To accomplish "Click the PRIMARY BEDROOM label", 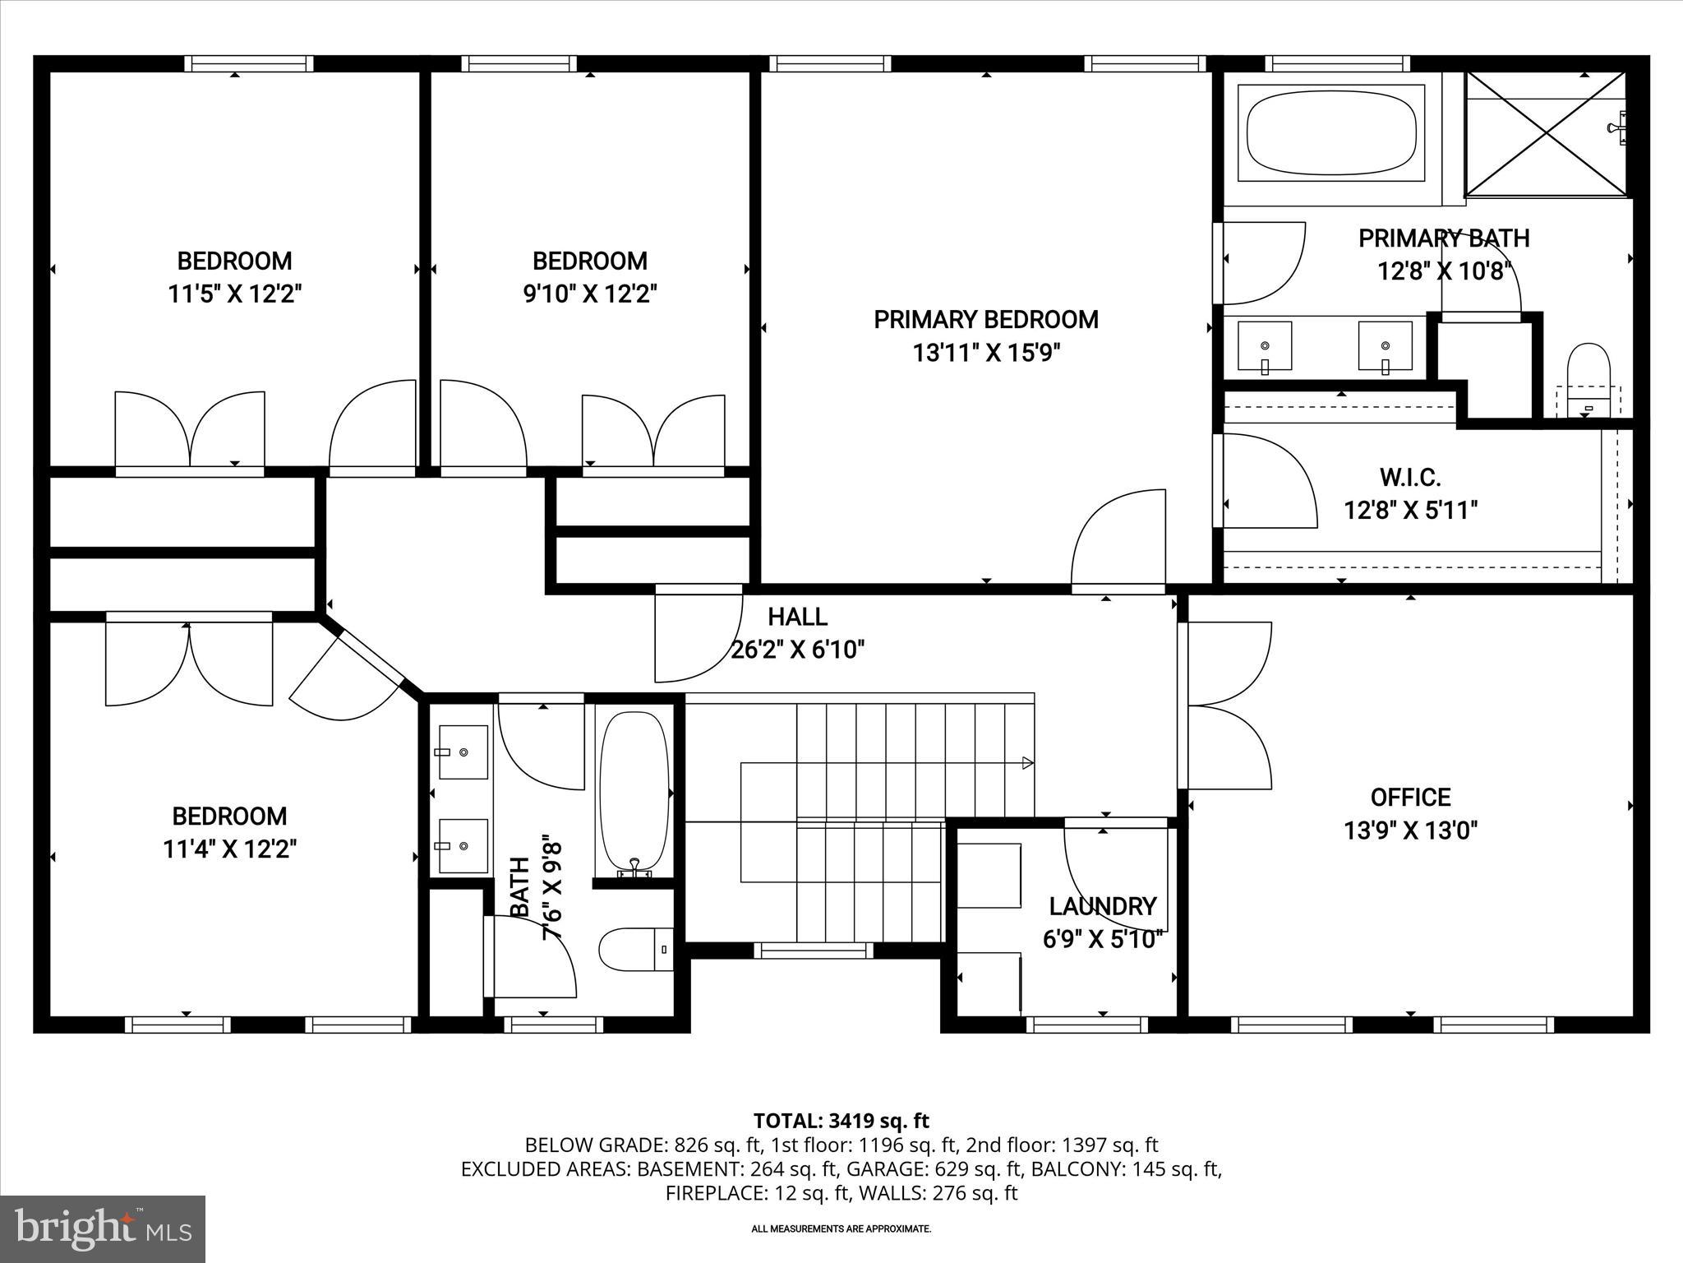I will click(x=985, y=320).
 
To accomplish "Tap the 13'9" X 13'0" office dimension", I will click(x=1410, y=830).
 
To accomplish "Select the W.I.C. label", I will click(x=1410, y=477).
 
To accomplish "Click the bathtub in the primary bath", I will click(x=1331, y=133).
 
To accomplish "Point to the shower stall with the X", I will click(x=1545, y=134).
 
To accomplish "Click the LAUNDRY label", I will click(x=1103, y=906).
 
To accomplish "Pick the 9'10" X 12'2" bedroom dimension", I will click(x=590, y=294).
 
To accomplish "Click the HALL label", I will click(x=797, y=617).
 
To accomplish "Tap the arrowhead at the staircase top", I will click(x=1026, y=763).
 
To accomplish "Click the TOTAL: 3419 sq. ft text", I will click(x=841, y=1121).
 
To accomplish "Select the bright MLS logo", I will click(x=103, y=1228).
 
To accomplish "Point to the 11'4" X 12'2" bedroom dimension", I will click(x=229, y=849).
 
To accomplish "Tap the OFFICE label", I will click(x=1410, y=797).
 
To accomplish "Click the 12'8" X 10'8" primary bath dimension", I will click(x=1444, y=271).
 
